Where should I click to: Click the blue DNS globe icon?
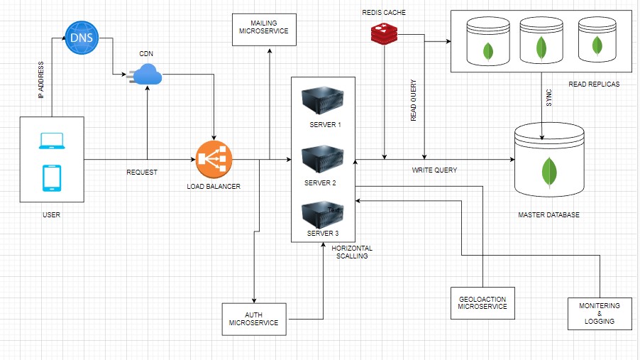pos(79,38)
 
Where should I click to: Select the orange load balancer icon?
pos(214,160)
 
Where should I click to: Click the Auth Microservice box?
pos(253,318)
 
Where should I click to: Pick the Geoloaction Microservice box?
pos(482,302)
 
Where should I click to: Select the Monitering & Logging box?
pos(598,313)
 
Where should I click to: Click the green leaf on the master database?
pos(548,171)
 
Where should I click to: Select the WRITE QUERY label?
pos(435,170)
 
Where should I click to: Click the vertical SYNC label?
pos(548,99)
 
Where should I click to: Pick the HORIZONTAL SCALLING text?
pos(352,252)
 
